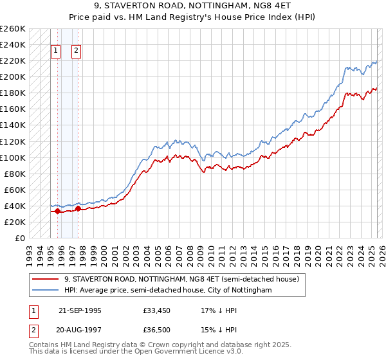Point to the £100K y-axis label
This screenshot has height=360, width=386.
pyautogui.click(x=13, y=157)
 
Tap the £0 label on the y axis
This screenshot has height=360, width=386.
pyautogui.click(x=20, y=238)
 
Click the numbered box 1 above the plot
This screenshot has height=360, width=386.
pyautogui.click(x=55, y=52)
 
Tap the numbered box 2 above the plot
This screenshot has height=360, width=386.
pyautogui.click(x=76, y=52)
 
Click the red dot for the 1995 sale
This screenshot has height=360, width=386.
pyautogui.click(x=57, y=211)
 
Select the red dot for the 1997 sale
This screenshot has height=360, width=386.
pyautogui.click(x=78, y=208)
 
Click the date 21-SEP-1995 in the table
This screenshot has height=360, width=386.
pyautogui.click(x=80, y=310)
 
